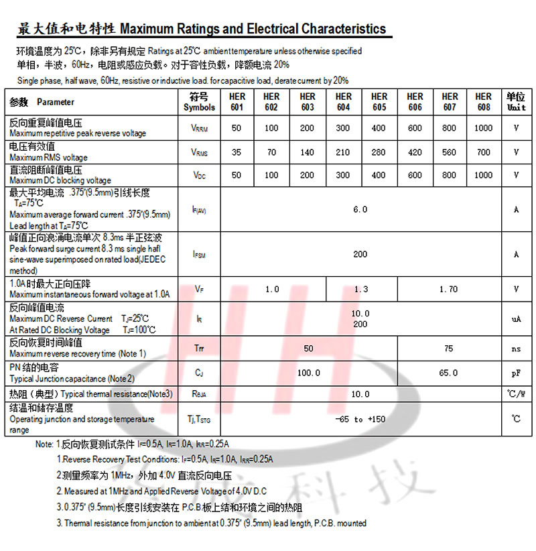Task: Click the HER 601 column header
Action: [x=237, y=102]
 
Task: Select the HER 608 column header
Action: [x=483, y=102]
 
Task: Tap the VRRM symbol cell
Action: [x=200, y=128]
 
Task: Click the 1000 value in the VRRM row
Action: [x=483, y=128]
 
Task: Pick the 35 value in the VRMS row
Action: [x=237, y=152]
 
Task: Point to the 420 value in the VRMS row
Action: [x=415, y=152]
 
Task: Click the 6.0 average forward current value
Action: [x=360, y=209]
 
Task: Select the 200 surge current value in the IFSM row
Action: [x=360, y=254]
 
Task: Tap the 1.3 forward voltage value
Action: [x=361, y=289]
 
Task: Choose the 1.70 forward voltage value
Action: [x=449, y=289]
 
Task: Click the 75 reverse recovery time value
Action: [x=449, y=348]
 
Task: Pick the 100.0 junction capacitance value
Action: [x=308, y=373]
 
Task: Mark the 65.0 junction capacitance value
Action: [x=449, y=373]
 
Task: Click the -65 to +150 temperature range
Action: [x=360, y=419]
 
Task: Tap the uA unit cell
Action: [x=517, y=319]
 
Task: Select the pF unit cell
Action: [x=517, y=373]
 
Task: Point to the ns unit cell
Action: [x=517, y=349]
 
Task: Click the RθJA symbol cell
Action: [x=200, y=394]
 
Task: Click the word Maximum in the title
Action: [x=147, y=29]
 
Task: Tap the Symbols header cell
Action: [x=200, y=102]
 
